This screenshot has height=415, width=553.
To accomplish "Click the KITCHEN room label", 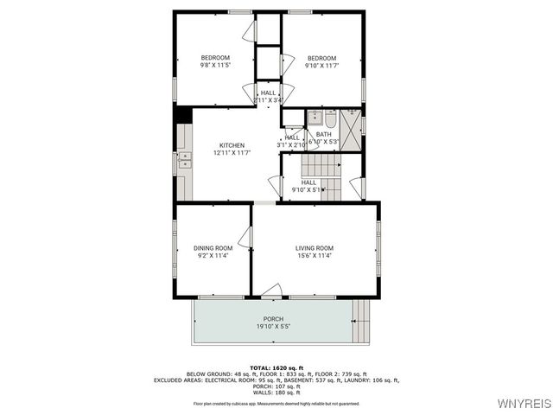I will (232, 145).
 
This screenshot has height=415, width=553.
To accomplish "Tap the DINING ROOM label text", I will (213, 248).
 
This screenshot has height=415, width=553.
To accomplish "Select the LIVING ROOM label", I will (315, 248).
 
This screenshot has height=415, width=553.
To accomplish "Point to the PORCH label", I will (274, 319).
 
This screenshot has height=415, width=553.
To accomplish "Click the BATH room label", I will (323, 134).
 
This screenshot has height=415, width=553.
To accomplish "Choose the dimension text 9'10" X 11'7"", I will (321, 66).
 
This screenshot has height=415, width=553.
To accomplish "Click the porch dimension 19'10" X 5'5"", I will (274, 327).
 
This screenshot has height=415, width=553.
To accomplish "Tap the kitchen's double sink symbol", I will (184, 159).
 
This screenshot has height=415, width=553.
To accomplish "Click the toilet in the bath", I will (331, 118).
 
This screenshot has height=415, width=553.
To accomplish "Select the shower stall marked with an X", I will (351, 131).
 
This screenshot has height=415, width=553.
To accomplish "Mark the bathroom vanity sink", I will (316, 118).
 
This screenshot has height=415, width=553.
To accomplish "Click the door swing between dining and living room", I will (245, 237).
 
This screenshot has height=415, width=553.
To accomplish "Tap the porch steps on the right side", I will (363, 321).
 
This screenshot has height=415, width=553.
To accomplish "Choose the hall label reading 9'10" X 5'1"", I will (308, 189).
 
